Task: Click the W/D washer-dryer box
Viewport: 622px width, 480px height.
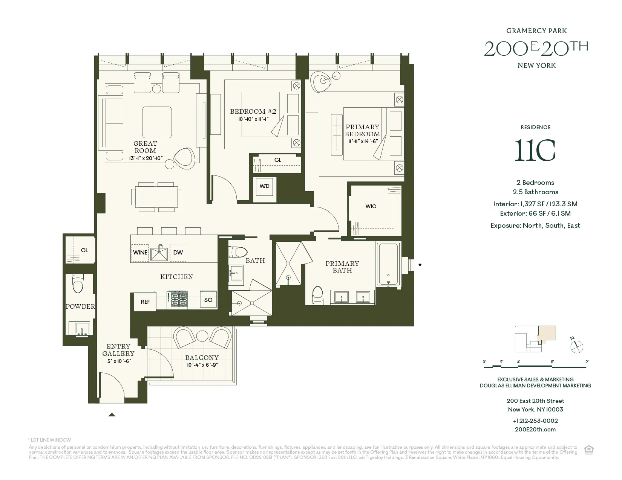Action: (265, 186)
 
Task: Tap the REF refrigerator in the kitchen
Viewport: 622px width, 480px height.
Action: (145, 302)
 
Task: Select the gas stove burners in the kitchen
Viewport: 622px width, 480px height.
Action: (179, 300)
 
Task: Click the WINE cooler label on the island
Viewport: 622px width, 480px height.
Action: (140, 253)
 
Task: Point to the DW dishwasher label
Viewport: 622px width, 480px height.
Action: (178, 253)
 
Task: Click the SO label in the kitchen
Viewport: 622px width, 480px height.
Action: (208, 300)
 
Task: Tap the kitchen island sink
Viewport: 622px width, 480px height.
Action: (159, 252)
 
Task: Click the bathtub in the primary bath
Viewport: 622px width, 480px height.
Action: (388, 265)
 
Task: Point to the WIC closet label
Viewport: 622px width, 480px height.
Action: (371, 206)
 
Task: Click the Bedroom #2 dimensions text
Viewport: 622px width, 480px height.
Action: (253, 119)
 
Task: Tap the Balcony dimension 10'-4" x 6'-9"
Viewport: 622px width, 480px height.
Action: (202, 365)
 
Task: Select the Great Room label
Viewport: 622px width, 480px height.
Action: (145, 147)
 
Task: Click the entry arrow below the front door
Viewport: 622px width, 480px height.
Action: (112, 415)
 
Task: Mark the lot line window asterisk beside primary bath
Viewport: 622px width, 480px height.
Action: (420, 265)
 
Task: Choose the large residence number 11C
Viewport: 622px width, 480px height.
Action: (535, 151)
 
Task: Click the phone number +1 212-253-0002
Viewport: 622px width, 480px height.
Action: (535, 421)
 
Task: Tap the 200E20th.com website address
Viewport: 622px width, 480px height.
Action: (535, 430)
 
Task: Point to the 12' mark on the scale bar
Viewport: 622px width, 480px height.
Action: (586, 362)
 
